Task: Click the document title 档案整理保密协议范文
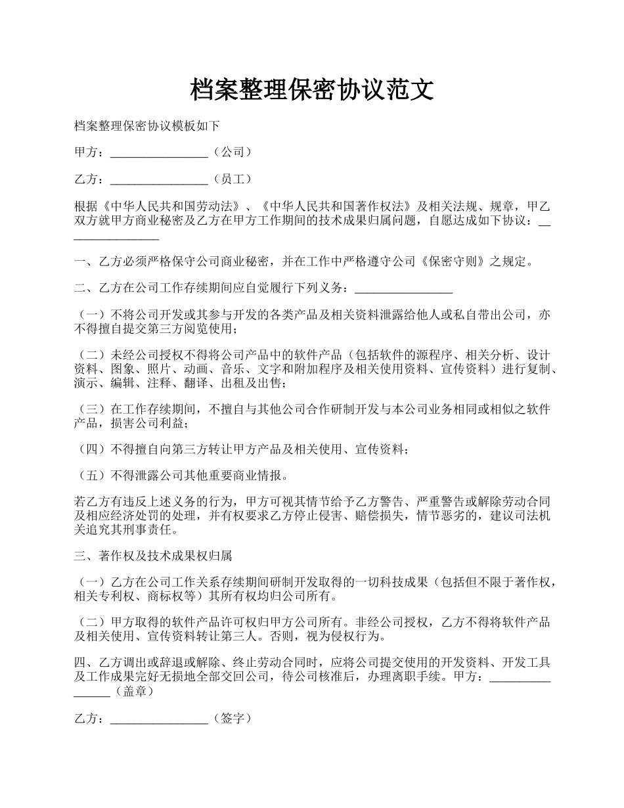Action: (312, 90)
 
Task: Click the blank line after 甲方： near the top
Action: (159, 152)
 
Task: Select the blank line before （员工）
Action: (159, 179)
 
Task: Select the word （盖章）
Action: (134, 691)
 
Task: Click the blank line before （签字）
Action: (159, 719)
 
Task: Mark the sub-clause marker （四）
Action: (92, 449)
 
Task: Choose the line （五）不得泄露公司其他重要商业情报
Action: (182, 476)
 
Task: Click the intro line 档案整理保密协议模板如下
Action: (146, 125)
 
